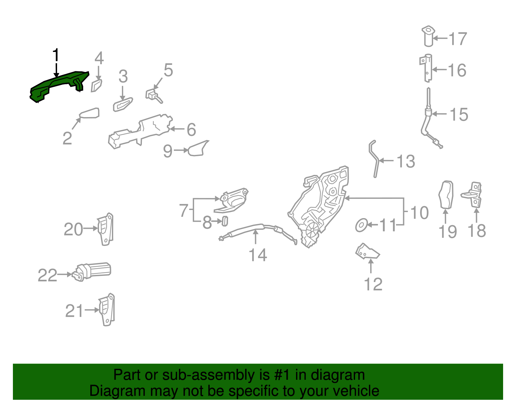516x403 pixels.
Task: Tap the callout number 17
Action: tap(457, 39)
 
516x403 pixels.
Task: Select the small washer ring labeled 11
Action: tap(361, 225)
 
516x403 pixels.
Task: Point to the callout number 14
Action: tap(258, 255)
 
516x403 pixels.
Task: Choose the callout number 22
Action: tap(47, 275)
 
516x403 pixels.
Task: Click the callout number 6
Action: tap(191, 130)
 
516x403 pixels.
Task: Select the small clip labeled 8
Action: tap(225, 221)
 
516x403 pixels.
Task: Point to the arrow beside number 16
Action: tap(440, 70)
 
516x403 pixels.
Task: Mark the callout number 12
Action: tap(373, 284)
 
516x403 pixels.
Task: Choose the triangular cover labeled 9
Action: tap(198, 149)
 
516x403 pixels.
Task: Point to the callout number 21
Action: tap(74, 311)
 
